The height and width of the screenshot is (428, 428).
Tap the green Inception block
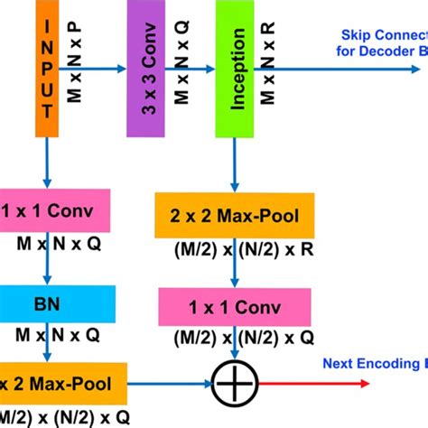(237, 68)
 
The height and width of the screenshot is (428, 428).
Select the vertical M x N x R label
(267, 63)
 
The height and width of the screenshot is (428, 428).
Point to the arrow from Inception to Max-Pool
(237, 163)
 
